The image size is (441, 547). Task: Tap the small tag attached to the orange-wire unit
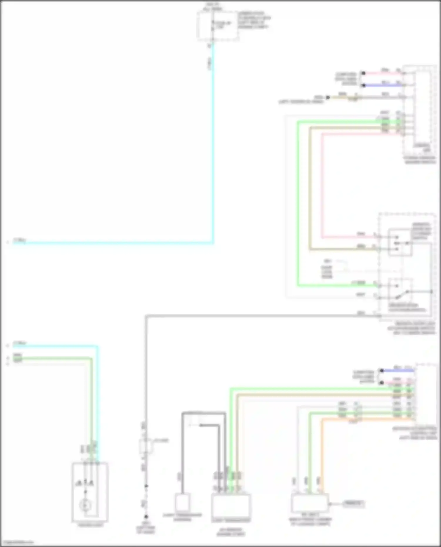(x=353, y=504)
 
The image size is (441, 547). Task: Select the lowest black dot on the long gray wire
(x=146, y=517)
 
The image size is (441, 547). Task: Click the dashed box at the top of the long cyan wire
(x=217, y=26)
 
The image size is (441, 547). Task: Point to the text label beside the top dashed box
(x=254, y=20)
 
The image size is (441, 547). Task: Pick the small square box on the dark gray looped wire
(x=182, y=503)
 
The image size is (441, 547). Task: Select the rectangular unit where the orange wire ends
(x=310, y=503)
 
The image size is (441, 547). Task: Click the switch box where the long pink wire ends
(x=400, y=242)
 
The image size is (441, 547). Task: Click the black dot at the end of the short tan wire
(x=328, y=97)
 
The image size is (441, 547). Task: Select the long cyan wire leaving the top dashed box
(x=213, y=147)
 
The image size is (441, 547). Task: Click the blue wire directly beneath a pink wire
(x=382, y=85)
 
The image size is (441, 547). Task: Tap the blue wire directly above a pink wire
(x=397, y=370)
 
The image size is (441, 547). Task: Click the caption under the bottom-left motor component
(x=90, y=525)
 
